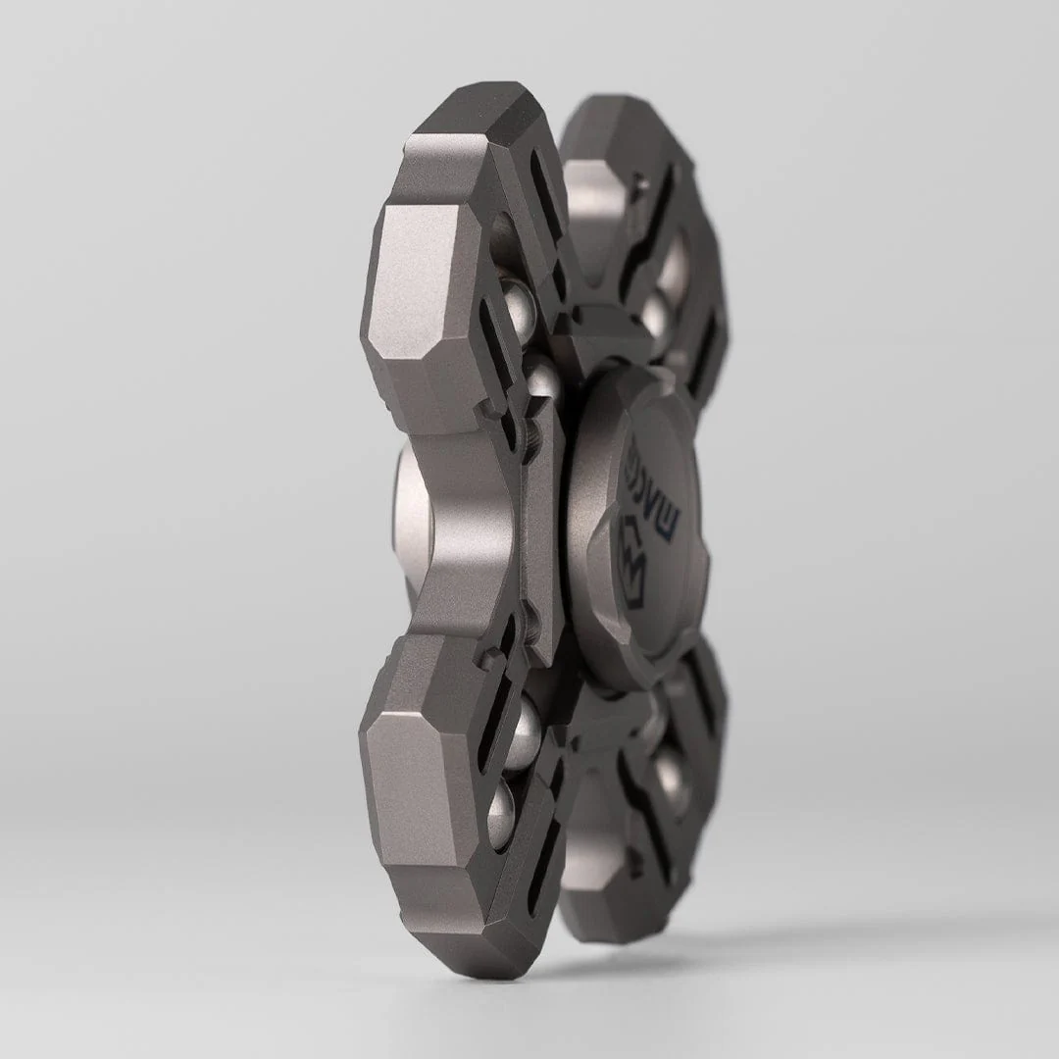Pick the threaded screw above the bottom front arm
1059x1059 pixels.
[528, 628]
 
